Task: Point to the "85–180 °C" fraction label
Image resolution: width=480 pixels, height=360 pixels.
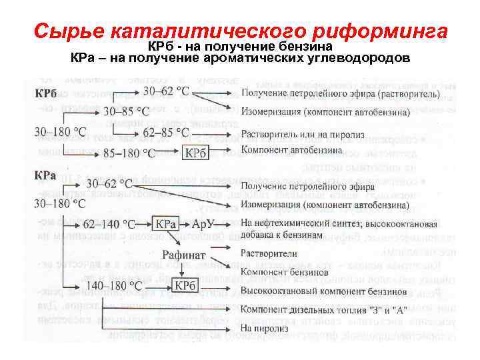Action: coord(131,153)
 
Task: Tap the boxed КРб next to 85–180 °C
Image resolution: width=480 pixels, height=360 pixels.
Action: coord(197,153)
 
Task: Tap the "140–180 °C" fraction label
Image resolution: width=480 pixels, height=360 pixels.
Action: coord(115,285)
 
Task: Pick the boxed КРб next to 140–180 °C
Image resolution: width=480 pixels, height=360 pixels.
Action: coord(184,285)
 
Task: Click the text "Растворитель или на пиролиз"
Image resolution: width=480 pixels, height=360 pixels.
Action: coord(303,135)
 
